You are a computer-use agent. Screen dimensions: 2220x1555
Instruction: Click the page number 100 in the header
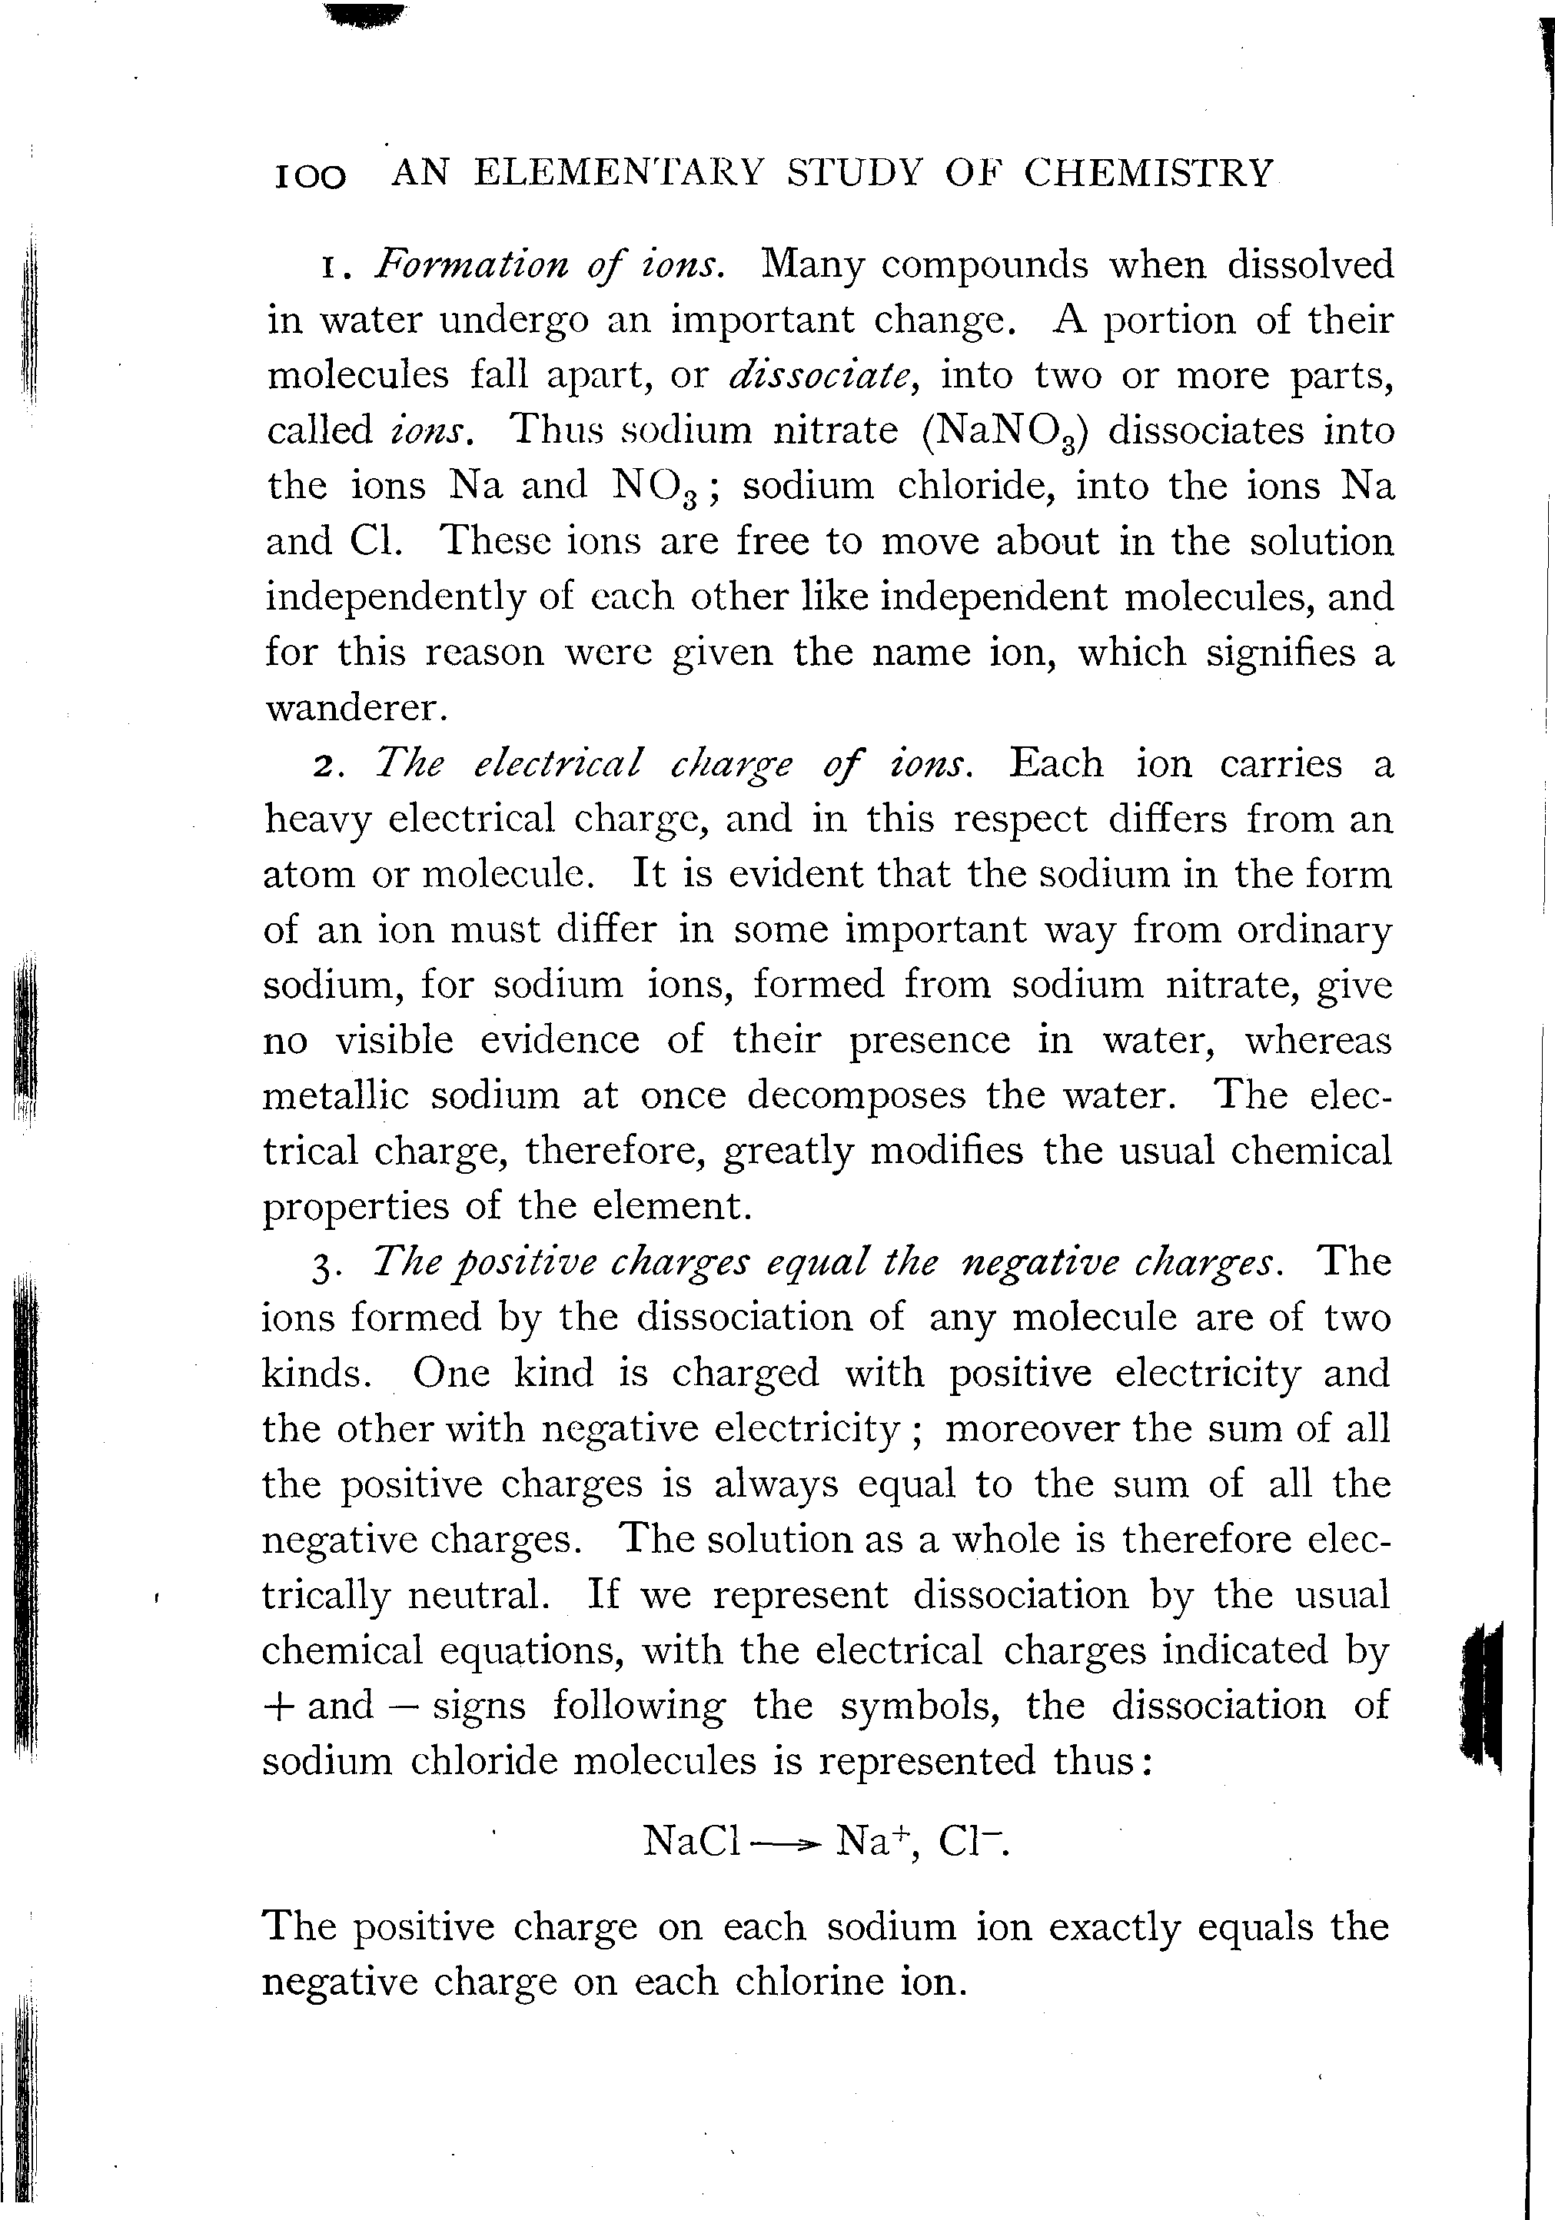coord(311,176)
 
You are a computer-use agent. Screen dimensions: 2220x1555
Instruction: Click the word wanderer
coord(356,708)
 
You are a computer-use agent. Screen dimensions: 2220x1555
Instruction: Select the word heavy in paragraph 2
coord(316,820)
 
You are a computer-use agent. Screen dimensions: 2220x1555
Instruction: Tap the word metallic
coord(336,1095)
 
